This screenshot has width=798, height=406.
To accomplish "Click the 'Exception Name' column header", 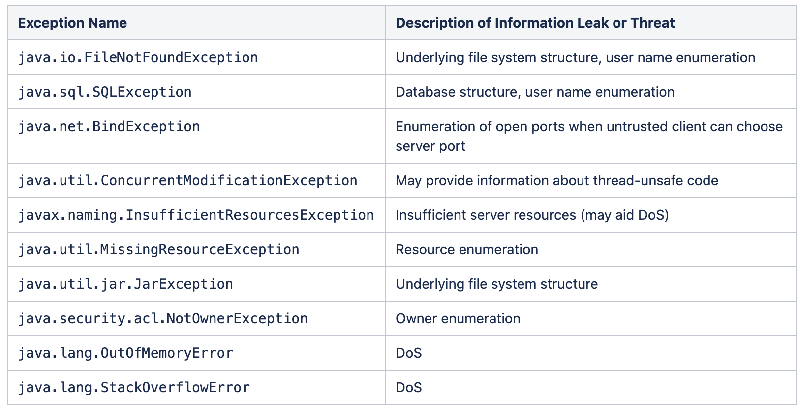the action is pos(72,23).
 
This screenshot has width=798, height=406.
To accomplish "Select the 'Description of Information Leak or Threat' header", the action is pos(535,23).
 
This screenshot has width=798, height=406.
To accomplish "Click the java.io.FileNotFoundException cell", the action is pos(138,58).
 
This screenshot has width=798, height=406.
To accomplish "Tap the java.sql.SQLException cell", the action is pos(105,92).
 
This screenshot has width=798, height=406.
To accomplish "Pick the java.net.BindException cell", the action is pos(109,127).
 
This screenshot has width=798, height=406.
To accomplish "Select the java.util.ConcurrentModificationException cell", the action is pos(187,181).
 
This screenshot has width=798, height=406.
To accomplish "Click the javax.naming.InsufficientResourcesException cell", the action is pos(196,215).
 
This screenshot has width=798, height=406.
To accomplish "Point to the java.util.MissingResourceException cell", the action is pos(158,250).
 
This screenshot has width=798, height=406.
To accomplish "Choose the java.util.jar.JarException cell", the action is pos(125,284).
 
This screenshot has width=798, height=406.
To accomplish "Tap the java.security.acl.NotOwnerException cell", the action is pos(163,319).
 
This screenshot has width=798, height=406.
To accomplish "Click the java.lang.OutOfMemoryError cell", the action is pos(125,353).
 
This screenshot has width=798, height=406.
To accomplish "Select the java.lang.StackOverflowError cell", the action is pos(134,388).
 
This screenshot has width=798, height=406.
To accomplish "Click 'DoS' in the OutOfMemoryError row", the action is pos(408,353).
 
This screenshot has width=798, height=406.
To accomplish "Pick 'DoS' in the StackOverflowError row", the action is pos(408,388).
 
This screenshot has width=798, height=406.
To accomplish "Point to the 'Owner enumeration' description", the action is pos(458,319).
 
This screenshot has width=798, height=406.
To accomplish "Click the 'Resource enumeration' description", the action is pos(466,250).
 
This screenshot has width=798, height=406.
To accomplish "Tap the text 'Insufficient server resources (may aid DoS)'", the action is pos(532,215).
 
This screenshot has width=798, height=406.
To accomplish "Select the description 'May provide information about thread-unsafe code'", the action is pos(556,181).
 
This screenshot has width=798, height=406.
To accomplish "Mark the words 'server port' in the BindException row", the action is pos(430,146).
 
